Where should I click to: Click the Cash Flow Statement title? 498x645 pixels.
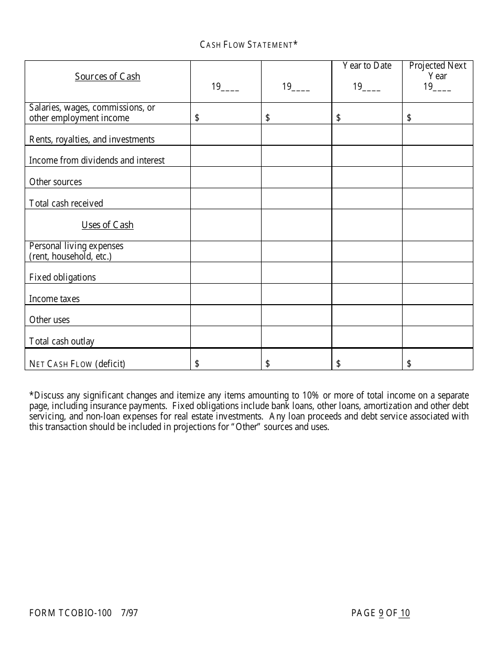click(248, 45)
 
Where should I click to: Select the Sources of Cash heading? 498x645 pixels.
click(107, 77)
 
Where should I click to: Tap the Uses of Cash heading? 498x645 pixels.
click(107, 225)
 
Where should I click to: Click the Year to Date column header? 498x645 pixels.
click(367, 66)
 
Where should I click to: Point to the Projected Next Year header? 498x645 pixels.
click(438, 71)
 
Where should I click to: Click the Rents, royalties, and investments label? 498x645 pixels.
click(92, 139)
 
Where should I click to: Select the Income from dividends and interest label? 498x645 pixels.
click(97, 160)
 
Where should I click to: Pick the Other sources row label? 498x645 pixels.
click(56, 182)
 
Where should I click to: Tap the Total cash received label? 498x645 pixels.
click(66, 203)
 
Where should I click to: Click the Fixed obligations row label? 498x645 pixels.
click(62, 277)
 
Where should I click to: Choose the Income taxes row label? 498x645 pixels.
click(55, 299)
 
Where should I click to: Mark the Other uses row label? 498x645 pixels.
click(49, 320)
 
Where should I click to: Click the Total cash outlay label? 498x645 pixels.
click(62, 341)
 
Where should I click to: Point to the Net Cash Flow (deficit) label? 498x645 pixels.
click(77, 363)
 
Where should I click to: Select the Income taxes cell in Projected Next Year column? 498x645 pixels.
click(438, 294)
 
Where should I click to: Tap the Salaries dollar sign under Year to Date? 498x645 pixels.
click(338, 118)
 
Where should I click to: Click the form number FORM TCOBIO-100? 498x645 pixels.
click(70, 612)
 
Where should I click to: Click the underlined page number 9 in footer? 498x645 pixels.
click(381, 613)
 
